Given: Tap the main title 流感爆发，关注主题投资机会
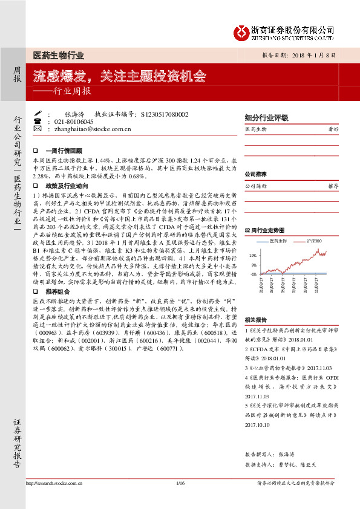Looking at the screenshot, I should pos(120,77).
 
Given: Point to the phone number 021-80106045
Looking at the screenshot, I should pos(72,121).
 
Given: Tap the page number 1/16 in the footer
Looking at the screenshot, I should pos(179,500).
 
